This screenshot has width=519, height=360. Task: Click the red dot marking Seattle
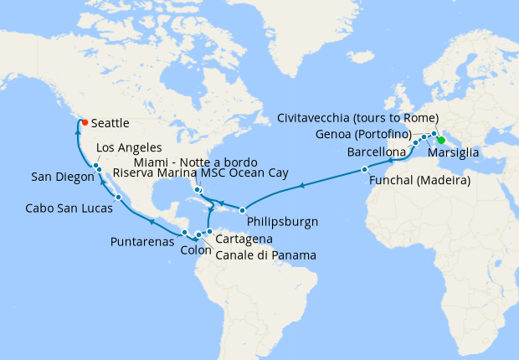pyautogui.click(x=85, y=122)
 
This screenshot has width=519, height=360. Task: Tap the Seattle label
pyautogui.click(x=110, y=123)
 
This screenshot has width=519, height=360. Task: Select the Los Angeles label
pyautogui.click(x=129, y=147)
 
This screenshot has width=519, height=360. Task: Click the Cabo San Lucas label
pyautogui.click(x=69, y=208)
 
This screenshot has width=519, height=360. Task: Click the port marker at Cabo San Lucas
pyautogui.click(x=119, y=198)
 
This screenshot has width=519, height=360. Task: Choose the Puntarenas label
pyautogui.click(x=142, y=241)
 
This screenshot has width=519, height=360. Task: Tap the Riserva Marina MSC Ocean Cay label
pyautogui.click(x=200, y=173)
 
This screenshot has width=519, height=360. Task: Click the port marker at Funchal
pyautogui.click(x=364, y=170)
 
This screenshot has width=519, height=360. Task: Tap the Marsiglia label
pyautogui.click(x=453, y=152)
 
